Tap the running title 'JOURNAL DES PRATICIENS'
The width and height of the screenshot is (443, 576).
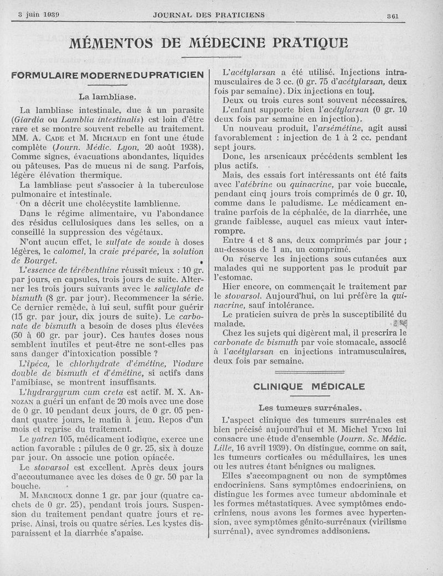[x=209, y=14]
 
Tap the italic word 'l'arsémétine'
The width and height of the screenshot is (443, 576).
[x=331, y=127]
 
